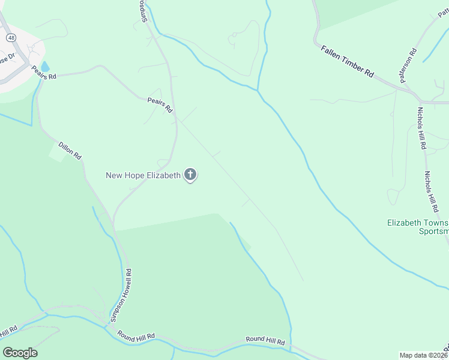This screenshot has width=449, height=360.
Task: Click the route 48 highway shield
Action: [11, 37]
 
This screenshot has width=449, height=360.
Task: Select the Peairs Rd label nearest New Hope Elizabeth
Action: [160, 106]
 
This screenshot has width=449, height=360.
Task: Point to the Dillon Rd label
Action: [70, 150]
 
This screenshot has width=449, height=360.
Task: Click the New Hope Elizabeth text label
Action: [143, 175]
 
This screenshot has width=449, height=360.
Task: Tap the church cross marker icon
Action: [190, 175]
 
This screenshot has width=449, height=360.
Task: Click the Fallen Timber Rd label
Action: [347, 62]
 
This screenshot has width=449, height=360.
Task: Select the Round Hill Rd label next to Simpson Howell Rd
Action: [136, 335]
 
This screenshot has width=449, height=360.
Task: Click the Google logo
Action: [20, 353]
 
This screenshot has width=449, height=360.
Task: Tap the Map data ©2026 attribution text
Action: [423, 355]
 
